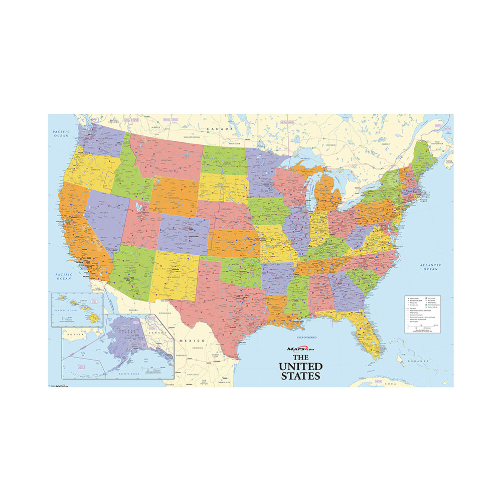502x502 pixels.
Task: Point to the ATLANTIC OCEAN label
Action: (x=430, y=267)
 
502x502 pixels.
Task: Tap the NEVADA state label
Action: (x=104, y=213)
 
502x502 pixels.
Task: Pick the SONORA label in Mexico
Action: (x=133, y=311)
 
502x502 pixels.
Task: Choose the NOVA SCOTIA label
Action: (x=449, y=161)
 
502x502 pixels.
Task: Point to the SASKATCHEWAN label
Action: (x=192, y=137)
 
